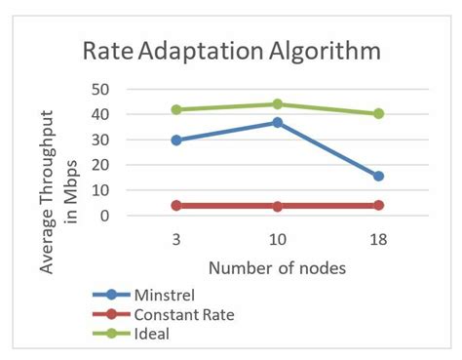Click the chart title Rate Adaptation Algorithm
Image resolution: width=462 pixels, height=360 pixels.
[232, 51]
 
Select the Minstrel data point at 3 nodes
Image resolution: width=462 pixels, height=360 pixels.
[175, 140]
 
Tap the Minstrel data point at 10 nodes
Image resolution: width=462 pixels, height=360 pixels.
[277, 123]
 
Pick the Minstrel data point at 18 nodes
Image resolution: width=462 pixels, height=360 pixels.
[378, 176]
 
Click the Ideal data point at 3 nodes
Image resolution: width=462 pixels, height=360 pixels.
[175, 109]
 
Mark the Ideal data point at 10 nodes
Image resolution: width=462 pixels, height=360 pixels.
[277, 103]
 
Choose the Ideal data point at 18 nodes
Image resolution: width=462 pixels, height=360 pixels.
[378, 113]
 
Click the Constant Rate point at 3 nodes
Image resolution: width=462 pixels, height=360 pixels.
[175, 205]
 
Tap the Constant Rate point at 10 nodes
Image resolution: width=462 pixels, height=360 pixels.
[277, 206]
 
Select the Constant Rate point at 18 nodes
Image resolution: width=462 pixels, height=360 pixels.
[378, 205]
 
